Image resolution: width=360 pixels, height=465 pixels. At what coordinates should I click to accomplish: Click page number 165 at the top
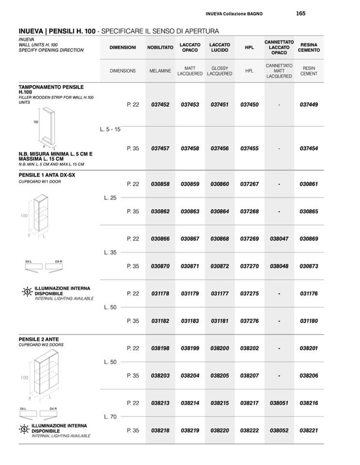pyautogui.click(x=300, y=14)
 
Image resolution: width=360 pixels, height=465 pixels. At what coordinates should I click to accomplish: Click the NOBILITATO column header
pyautogui.click(x=160, y=48)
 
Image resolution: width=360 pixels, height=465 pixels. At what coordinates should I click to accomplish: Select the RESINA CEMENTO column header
pyautogui.click(x=309, y=48)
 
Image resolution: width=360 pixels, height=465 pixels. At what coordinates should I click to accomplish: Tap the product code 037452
pyautogui.click(x=160, y=104)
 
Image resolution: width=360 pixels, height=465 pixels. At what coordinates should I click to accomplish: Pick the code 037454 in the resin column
pyautogui.click(x=309, y=148)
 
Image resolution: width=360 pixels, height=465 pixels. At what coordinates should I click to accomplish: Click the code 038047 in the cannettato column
pyautogui.click(x=279, y=239)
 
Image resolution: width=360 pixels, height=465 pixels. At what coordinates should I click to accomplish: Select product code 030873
pyautogui.click(x=309, y=266)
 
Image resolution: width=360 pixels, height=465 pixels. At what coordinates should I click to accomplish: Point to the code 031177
pyautogui.click(x=220, y=293)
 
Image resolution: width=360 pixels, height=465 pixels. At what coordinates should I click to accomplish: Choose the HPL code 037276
pyautogui.click(x=249, y=321)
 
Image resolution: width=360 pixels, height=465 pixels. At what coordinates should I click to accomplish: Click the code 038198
pyautogui.click(x=160, y=348)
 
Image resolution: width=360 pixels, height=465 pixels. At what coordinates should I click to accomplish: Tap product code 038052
pyautogui.click(x=279, y=431)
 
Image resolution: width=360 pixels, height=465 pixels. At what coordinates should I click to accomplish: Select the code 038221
pyautogui.click(x=309, y=431)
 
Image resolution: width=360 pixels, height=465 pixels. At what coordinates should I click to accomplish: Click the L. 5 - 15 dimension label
pyautogui.click(x=110, y=129)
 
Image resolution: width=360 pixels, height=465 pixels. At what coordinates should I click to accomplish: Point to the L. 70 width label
pyautogui.click(x=110, y=417)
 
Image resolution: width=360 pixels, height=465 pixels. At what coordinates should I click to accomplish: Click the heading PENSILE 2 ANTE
pyautogui.click(x=39, y=339)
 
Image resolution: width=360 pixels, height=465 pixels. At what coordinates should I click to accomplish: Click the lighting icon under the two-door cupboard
pyautogui.click(x=24, y=429)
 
